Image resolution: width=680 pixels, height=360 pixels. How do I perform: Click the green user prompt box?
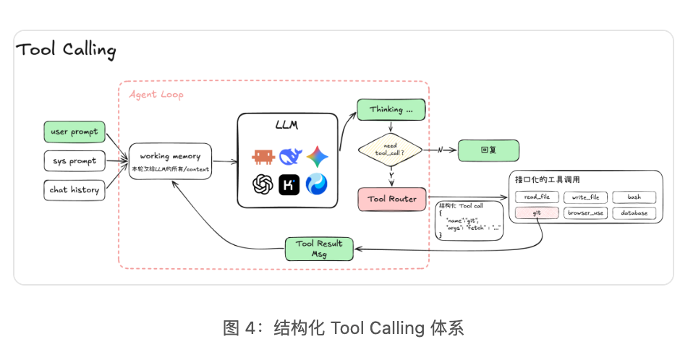[x=75, y=132]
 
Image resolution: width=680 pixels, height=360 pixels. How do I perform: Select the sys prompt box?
[x=75, y=161]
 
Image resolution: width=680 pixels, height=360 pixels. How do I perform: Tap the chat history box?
[x=75, y=190]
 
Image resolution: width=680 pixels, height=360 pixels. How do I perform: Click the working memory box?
[x=171, y=161]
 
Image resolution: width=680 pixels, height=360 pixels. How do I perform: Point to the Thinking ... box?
[x=391, y=110]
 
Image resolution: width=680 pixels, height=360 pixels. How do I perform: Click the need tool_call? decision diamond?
[x=391, y=150]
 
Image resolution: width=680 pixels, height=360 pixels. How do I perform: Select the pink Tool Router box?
[x=392, y=200]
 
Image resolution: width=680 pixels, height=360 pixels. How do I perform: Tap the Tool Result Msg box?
[x=319, y=249]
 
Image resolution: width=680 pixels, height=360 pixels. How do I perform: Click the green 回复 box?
[x=488, y=150]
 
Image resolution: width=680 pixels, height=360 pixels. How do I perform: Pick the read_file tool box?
[x=537, y=197]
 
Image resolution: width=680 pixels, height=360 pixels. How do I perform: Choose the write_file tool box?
[x=585, y=197]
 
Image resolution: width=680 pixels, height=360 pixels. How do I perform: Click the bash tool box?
[x=634, y=197]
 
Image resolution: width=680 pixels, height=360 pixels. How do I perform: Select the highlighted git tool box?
[x=537, y=213]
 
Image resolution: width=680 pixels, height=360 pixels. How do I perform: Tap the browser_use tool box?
[x=585, y=213]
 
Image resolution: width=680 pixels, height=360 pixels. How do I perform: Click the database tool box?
[x=634, y=213]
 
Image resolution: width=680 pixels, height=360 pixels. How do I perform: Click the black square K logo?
[x=289, y=184]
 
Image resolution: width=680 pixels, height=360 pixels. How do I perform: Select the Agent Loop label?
[x=156, y=95]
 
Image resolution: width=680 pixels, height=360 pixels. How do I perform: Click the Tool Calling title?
[x=66, y=50]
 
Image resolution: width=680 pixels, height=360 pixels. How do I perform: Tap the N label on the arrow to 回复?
[x=440, y=150]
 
